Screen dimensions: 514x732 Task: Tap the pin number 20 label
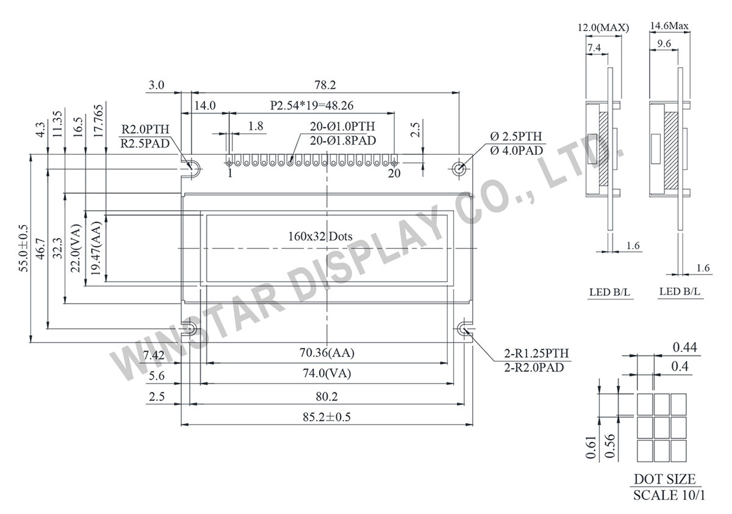[394, 174]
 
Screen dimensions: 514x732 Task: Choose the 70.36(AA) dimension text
[328, 353]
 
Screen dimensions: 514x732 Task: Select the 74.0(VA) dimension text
[328, 374]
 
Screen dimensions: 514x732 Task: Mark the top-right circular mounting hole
[459, 167]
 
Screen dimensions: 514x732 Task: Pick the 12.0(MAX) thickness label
[603, 27]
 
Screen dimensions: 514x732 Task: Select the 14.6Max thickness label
[669, 26]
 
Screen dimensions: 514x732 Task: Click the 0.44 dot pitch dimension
[685, 348]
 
